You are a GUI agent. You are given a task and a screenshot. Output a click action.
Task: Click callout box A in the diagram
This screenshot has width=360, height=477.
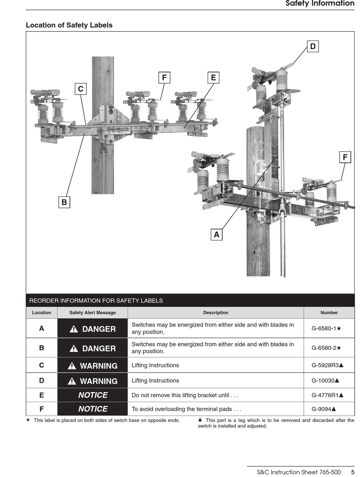coord(216,235)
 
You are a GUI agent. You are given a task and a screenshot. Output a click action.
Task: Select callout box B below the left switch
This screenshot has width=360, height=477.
coord(64,202)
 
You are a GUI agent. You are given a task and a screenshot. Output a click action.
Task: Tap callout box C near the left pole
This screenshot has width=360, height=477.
coord(80,89)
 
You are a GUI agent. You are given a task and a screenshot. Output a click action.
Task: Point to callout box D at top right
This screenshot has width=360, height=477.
coord(313,47)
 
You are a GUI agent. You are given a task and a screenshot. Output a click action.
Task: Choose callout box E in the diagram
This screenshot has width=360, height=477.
coord(213,78)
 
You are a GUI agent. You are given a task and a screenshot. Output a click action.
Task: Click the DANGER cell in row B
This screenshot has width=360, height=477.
coord(92,348)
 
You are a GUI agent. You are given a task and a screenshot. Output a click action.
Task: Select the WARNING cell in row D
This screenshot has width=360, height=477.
coord(92,381)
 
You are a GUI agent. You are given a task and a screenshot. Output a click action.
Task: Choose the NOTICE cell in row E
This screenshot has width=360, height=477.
coord(92,395)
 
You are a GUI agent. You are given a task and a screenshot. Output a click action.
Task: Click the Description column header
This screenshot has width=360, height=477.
coord(216,313)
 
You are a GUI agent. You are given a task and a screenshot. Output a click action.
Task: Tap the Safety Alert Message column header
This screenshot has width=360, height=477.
coord(92,313)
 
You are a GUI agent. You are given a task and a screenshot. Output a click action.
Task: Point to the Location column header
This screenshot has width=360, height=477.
coord(42,313)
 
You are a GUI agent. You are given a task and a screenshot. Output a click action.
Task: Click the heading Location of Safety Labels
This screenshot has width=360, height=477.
coord(69,25)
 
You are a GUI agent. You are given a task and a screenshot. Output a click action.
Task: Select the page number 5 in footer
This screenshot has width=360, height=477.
coord(352,472)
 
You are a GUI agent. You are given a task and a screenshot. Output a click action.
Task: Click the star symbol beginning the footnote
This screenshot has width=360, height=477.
coord(28,420)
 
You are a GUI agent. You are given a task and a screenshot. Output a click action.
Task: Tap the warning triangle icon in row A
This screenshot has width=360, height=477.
coord(74,329)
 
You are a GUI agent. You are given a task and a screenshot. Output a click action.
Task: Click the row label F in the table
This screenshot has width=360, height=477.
coord(42,409)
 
